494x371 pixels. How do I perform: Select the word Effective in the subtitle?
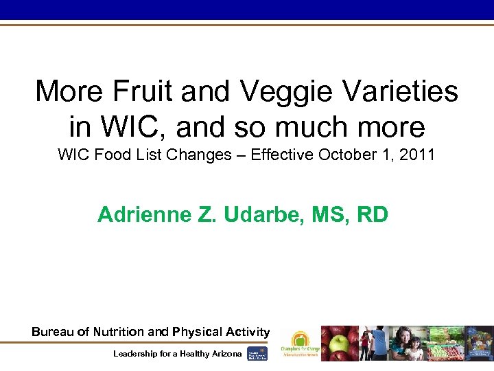pos(282,155)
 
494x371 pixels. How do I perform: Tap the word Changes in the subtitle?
pos(204,155)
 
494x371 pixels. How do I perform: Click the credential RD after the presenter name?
pos(373,215)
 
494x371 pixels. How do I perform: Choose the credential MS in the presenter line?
pos(333,215)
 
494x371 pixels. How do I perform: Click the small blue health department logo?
pos(257,353)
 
